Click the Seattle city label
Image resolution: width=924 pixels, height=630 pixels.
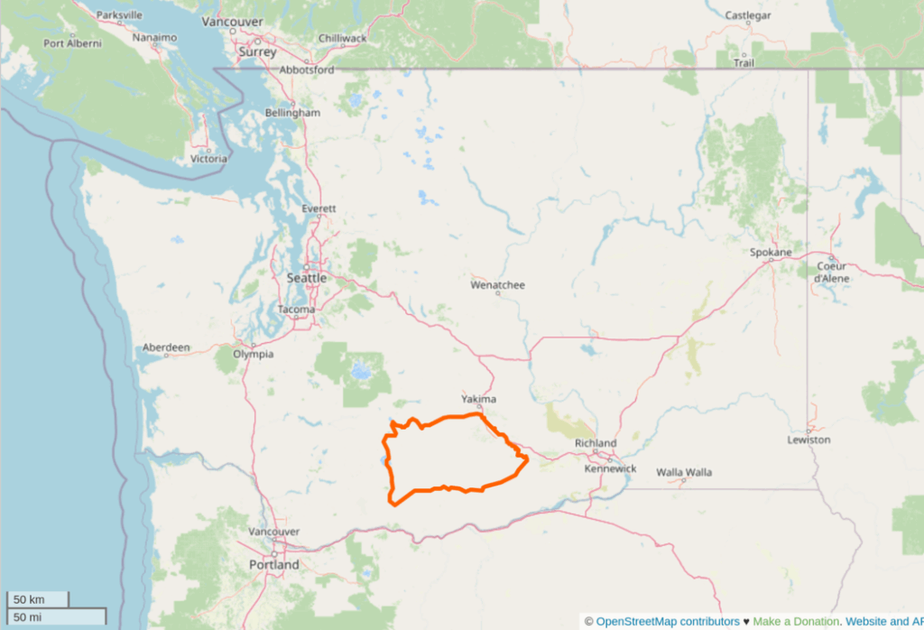[x=307, y=278]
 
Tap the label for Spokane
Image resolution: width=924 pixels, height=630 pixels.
[x=771, y=253]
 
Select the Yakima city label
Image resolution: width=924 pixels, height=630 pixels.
[x=478, y=399]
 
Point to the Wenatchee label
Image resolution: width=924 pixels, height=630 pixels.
[x=497, y=285]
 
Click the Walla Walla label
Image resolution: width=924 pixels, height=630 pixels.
[x=684, y=472]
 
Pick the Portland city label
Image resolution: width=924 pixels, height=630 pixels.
[x=273, y=564]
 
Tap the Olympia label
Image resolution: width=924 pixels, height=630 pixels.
[x=253, y=354]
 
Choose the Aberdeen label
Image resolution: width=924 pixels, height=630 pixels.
[x=166, y=347]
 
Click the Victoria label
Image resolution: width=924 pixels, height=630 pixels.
[x=209, y=159]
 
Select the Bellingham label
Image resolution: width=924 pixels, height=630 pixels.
[x=292, y=113]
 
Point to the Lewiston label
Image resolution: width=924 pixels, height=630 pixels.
[x=808, y=440]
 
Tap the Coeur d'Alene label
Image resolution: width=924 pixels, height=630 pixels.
[x=830, y=272]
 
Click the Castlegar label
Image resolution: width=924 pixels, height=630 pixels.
[x=749, y=15]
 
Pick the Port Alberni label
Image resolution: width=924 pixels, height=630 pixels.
[x=72, y=43]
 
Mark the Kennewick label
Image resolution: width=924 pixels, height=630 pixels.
[x=610, y=468]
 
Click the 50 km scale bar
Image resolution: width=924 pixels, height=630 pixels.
[x=36, y=599]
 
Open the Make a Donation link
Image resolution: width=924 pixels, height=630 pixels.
[x=796, y=621]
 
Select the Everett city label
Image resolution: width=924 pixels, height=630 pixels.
[x=319, y=208]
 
